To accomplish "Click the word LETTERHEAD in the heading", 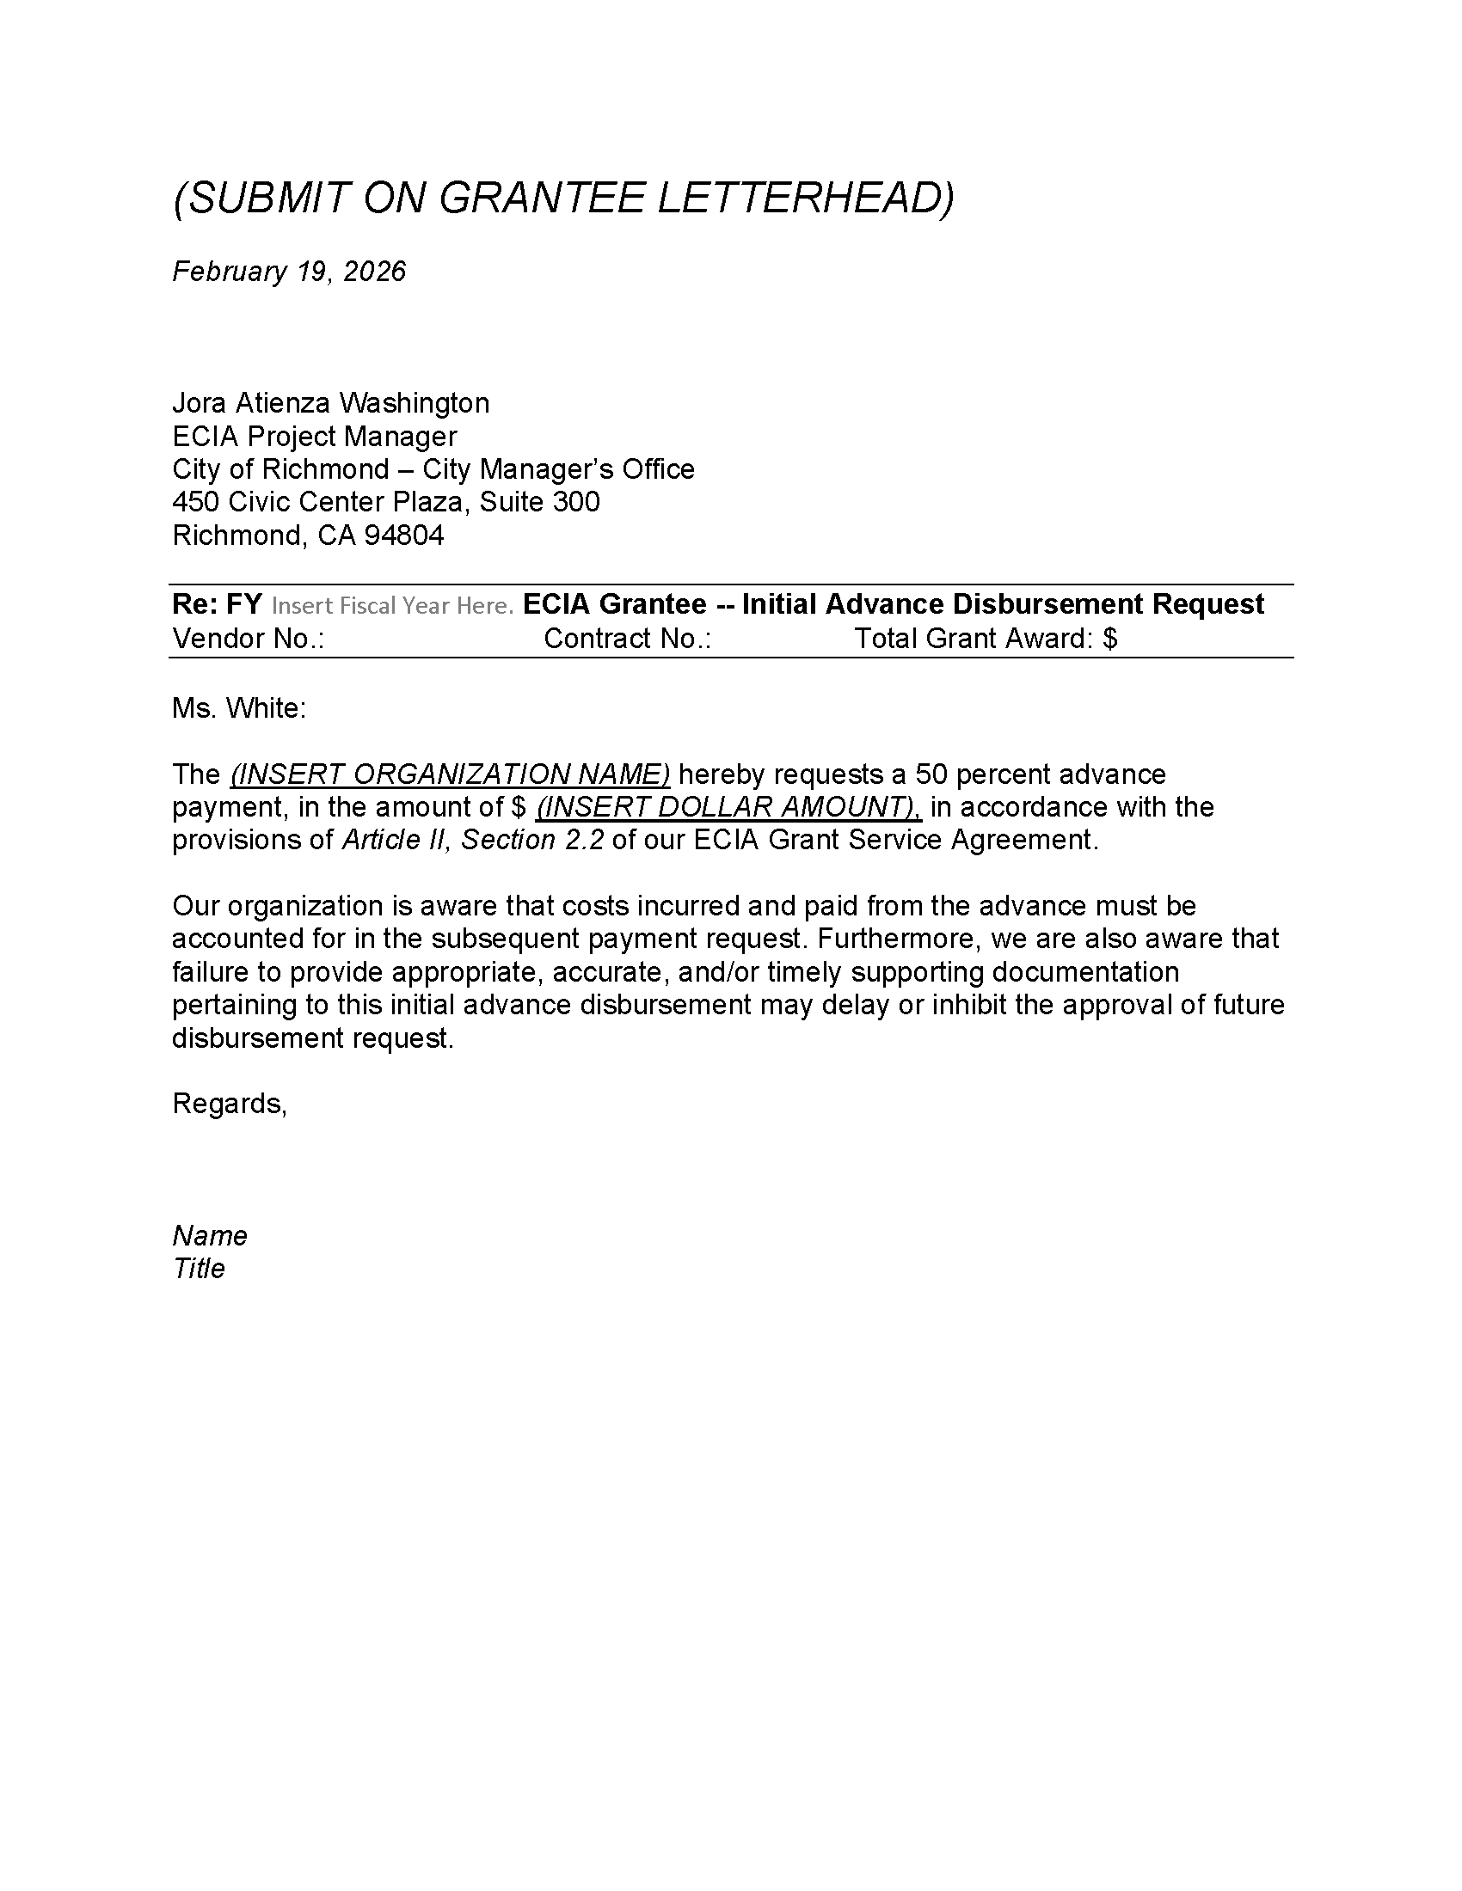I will [x=806, y=199].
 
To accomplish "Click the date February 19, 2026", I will [x=288, y=272].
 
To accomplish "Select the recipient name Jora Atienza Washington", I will [x=331, y=402].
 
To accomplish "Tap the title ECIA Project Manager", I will [x=315, y=436].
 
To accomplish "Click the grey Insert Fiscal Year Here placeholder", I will [x=392, y=605].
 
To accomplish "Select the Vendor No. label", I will [x=248, y=639].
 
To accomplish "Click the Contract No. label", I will [x=627, y=639].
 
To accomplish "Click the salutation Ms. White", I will [x=239, y=708].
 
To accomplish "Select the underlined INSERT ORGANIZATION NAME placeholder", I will [x=451, y=774].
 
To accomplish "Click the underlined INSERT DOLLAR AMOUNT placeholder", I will [x=728, y=807].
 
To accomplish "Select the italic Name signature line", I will [x=210, y=1235].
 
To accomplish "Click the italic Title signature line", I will [x=200, y=1269].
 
